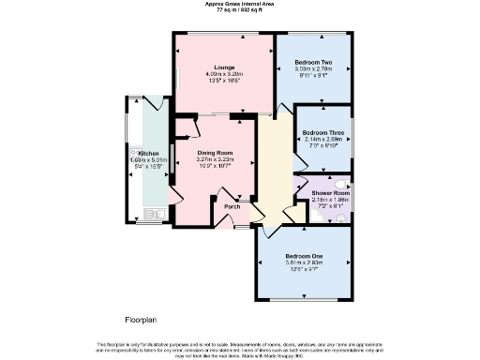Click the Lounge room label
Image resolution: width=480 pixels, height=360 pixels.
click(x=223, y=67)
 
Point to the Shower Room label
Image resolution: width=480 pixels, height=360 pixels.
click(x=329, y=192)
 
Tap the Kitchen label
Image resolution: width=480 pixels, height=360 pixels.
click(x=151, y=153)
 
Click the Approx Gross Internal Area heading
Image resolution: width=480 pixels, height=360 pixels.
click(x=240, y=4)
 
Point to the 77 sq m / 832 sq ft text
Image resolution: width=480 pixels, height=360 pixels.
click(x=240, y=9)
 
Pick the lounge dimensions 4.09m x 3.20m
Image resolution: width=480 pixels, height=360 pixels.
click(x=223, y=74)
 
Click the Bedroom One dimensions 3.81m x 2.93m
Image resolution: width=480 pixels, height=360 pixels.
click(x=305, y=263)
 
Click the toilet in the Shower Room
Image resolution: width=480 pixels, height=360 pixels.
click(x=341, y=215)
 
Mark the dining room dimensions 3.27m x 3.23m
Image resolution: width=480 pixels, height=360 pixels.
click(x=214, y=159)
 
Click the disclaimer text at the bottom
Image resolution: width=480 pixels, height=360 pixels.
click(x=240, y=350)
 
